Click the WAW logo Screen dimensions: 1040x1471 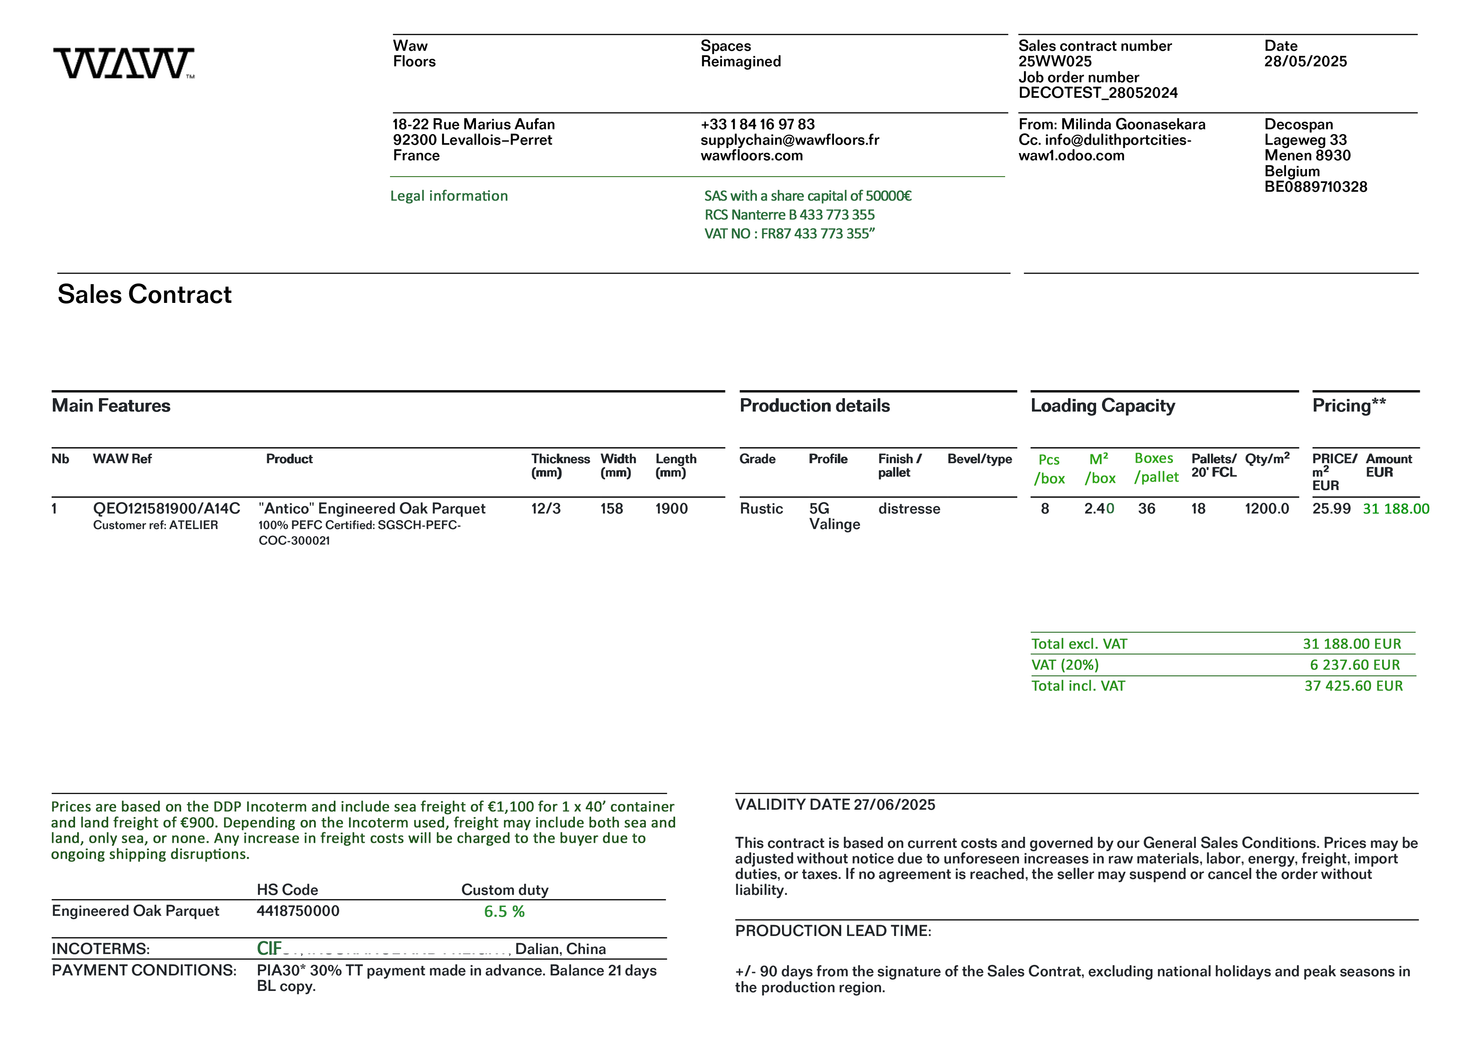tap(124, 63)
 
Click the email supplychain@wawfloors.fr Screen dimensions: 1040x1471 tap(789, 140)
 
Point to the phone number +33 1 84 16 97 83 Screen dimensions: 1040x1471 tap(757, 124)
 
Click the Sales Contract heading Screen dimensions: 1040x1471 tap(144, 294)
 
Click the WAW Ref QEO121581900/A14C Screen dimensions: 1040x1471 tap(166, 509)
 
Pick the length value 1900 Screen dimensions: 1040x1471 tap(671, 509)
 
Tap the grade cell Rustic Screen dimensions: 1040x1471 tap(761, 509)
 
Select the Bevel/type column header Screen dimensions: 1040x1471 tap(979, 459)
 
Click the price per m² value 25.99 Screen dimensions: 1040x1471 tap(1331, 509)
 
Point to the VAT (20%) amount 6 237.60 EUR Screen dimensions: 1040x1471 tap(1354, 665)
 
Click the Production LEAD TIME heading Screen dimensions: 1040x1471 tap(833, 931)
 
